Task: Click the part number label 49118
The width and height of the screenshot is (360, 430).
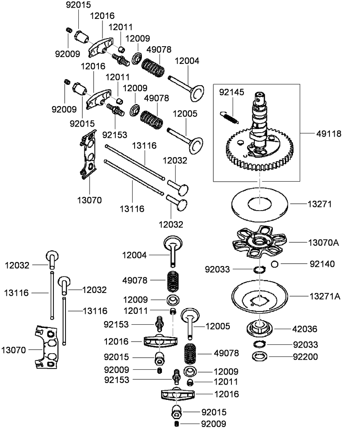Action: [327, 133]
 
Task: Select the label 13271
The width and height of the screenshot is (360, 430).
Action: [319, 204]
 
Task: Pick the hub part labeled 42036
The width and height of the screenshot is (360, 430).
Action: [260, 328]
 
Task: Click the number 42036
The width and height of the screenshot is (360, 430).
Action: [305, 329]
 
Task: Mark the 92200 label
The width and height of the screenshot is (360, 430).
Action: [305, 356]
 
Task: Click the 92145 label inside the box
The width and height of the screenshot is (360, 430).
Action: [231, 92]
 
